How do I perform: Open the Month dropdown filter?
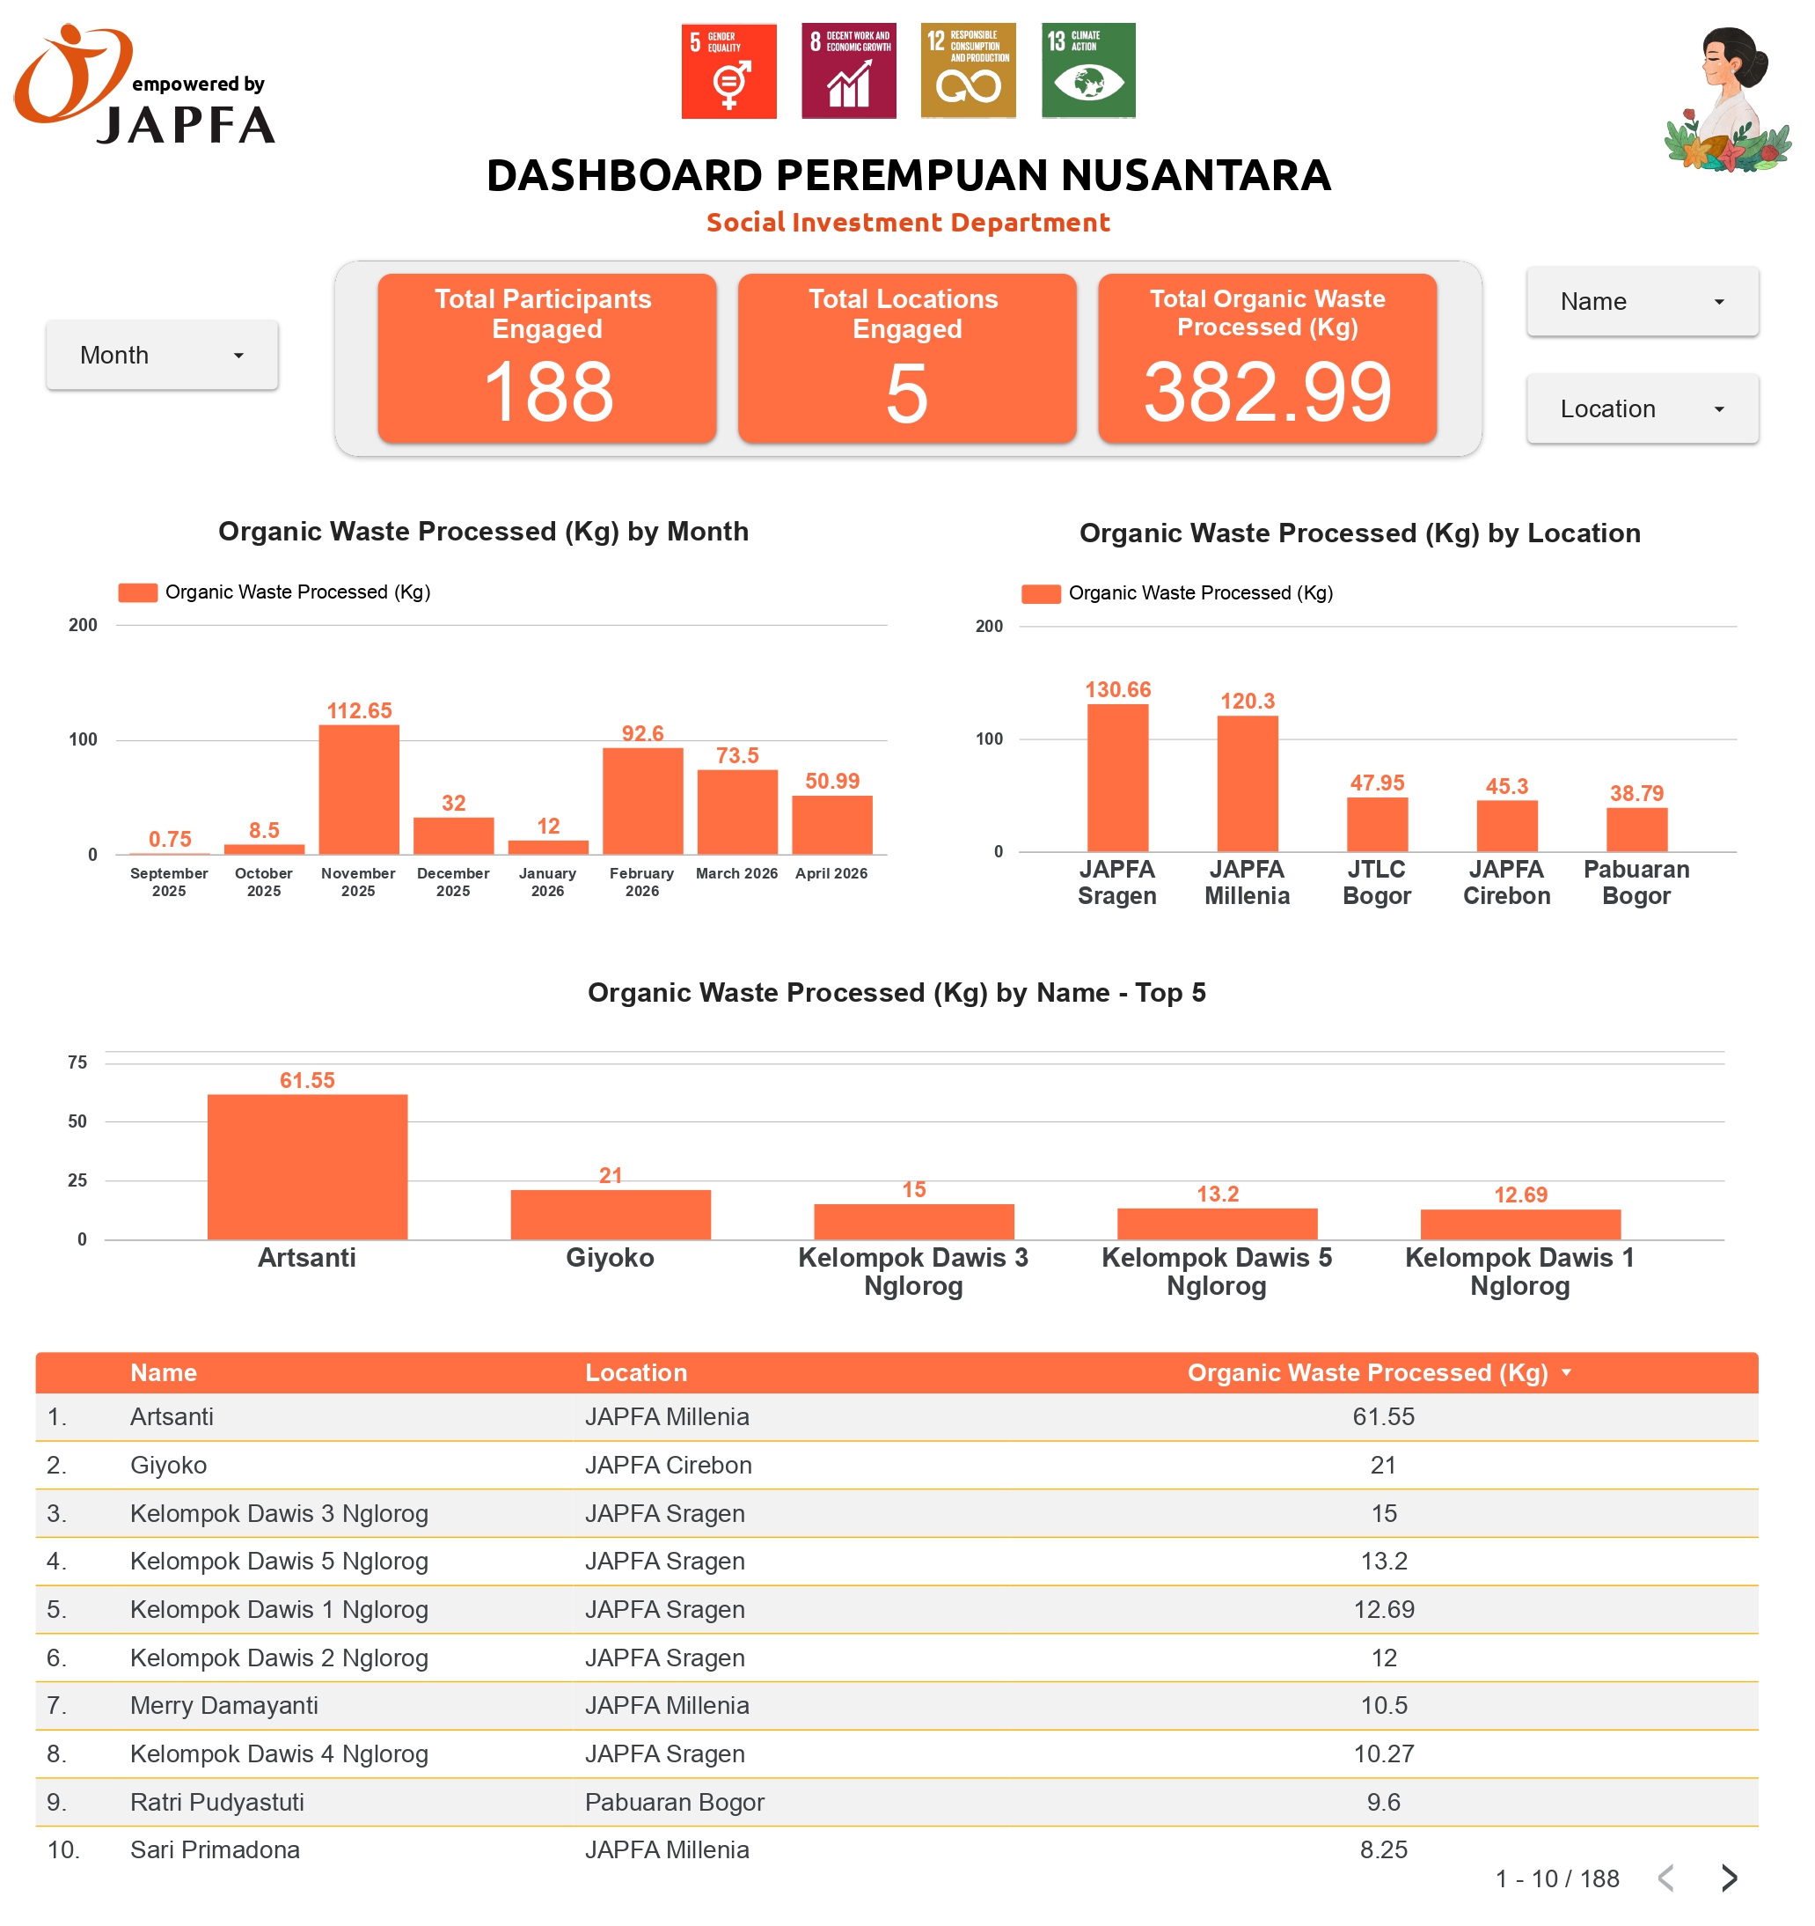162,355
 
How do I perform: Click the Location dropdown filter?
1641,408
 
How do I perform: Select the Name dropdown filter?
1641,301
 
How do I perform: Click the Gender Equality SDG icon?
728,70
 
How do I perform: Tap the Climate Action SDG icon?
1087,70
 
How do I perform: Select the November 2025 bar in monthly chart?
358,790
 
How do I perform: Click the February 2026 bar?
642,800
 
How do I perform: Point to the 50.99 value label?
832,781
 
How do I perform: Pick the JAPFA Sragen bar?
1116,778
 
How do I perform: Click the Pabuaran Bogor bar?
1636,829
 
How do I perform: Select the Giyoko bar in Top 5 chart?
611,1214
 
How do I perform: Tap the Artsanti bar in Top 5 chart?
307,1166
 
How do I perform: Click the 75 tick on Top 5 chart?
77,1062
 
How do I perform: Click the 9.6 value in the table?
1383,1802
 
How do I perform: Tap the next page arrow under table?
1729,1878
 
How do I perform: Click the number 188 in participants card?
547,393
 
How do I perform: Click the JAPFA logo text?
186,126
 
